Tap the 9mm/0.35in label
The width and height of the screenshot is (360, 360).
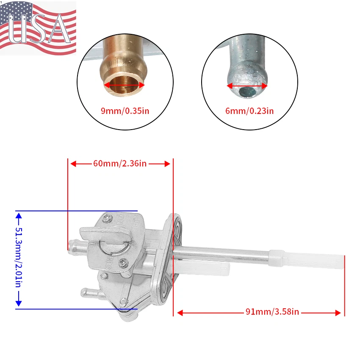coord(125,111)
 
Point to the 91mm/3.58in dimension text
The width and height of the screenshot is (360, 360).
coord(272,312)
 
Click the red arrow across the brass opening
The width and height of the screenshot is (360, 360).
coord(125,85)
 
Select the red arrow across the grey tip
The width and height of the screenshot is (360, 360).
coord(247,86)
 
